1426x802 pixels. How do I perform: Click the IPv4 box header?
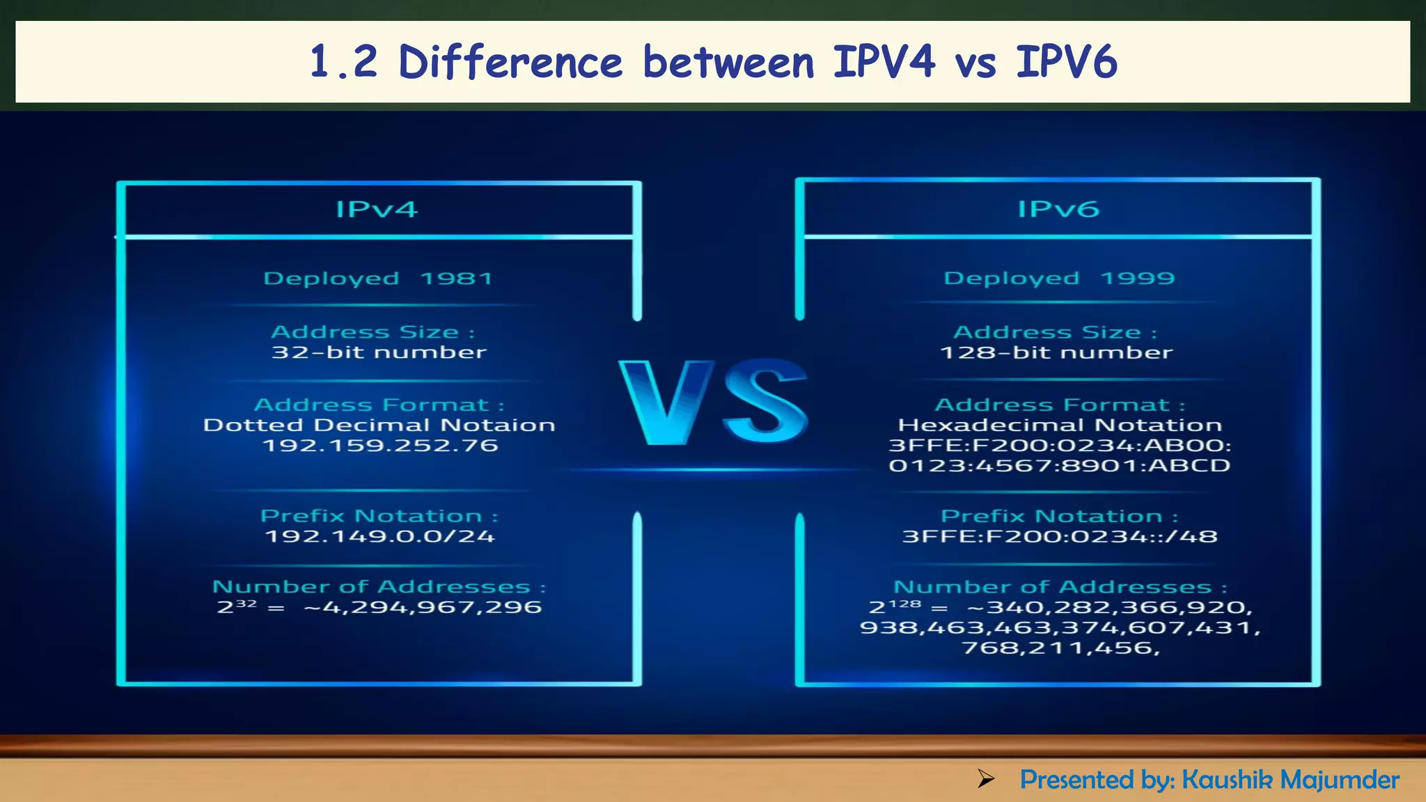click(x=377, y=209)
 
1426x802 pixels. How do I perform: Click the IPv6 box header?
click(x=1058, y=209)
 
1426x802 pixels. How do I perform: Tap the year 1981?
click(x=457, y=278)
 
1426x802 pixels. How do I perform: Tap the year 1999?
click(x=1137, y=278)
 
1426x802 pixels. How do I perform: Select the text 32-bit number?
click(x=379, y=352)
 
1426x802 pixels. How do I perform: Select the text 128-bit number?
click(x=1056, y=353)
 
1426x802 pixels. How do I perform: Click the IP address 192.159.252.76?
click(x=380, y=446)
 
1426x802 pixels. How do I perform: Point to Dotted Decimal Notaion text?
click(x=379, y=425)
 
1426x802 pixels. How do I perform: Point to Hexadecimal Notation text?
click(x=1060, y=425)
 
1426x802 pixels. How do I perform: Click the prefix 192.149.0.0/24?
click(x=380, y=537)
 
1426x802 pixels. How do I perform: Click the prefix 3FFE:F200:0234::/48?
click(x=1060, y=537)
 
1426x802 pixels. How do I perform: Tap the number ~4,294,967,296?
click(x=423, y=608)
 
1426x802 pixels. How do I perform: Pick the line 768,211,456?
click(x=1060, y=648)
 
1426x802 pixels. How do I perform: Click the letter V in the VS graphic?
click(x=665, y=402)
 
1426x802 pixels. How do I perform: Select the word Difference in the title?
click(x=510, y=62)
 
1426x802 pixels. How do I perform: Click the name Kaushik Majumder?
click(x=1290, y=780)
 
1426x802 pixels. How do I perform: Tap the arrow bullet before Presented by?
click(x=985, y=779)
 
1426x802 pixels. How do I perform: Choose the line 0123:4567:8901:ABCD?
click(x=1060, y=466)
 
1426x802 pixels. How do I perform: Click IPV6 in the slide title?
click(x=1066, y=62)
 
